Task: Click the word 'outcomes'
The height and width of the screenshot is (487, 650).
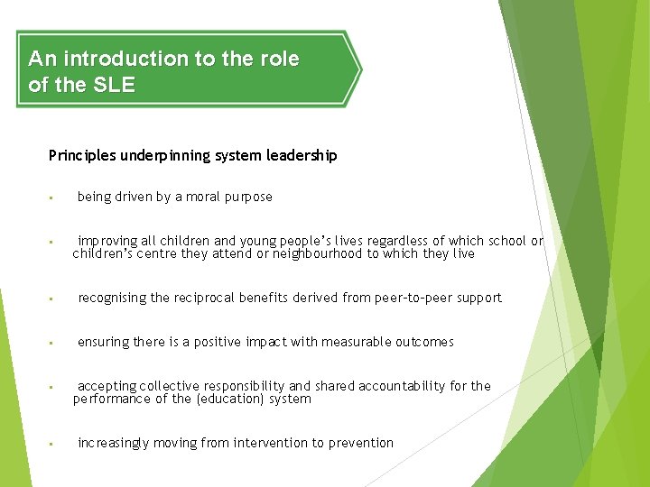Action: (424, 342)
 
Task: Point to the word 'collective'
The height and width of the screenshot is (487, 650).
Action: (174, 386)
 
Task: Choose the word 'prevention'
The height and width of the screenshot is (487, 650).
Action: (361, 443)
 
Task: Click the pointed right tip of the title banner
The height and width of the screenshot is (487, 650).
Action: (360, 69)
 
